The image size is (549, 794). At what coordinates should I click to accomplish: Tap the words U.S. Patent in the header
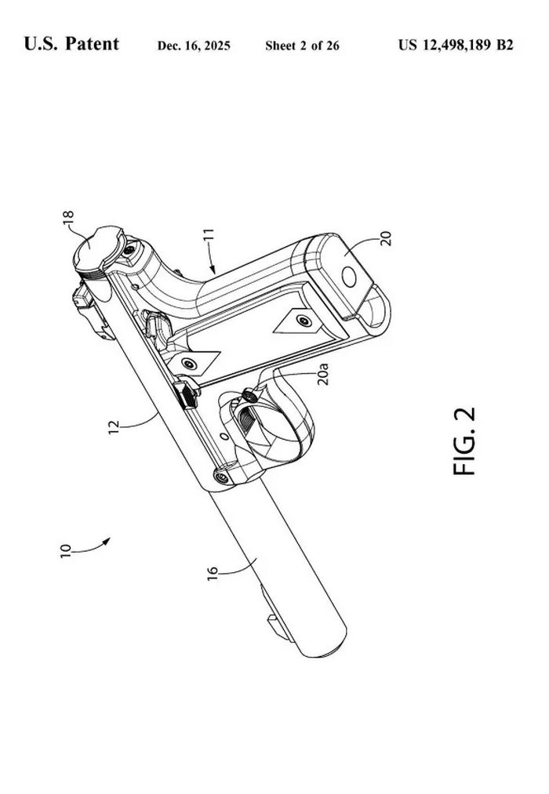point(71,45)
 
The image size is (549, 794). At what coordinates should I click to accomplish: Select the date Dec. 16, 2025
point(194,46)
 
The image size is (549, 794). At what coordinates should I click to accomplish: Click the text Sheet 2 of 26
point(302,46)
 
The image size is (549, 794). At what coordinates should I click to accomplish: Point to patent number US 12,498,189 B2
point(456,45)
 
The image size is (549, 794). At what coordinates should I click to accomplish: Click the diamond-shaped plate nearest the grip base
point(297,321)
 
